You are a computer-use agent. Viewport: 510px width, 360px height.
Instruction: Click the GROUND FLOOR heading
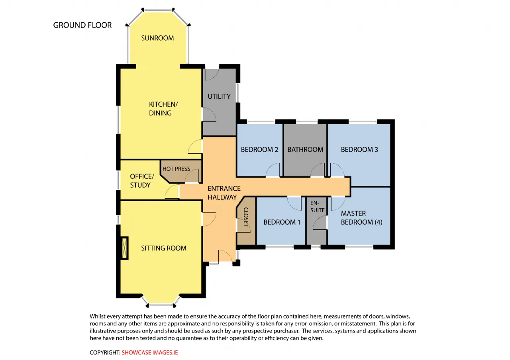coord(82,25)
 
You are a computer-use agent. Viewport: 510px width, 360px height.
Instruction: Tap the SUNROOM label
coord(157,38)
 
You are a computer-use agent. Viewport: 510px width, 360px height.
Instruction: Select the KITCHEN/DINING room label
coord(163,109)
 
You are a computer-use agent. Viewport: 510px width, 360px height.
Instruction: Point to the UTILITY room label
coord(219,96)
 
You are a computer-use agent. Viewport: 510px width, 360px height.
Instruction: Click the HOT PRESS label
coord(176,169)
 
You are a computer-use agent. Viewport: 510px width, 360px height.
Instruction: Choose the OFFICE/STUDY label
coord(142,181)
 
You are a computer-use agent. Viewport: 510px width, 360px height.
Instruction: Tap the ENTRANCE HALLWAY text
coord(224,193)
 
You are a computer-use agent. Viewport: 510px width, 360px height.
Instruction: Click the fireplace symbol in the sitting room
coord(124,248)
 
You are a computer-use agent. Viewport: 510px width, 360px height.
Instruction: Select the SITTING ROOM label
coord(164,248)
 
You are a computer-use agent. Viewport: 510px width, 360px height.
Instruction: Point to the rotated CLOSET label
coord(246,217)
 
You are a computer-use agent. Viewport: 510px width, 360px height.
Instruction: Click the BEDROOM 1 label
coord(282,222)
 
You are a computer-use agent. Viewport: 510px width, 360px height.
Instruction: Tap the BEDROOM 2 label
coord(259,149)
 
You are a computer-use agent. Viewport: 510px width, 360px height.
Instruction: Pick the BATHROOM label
coord(305,149)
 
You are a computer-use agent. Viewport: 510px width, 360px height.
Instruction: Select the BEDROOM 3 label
coord(359,149)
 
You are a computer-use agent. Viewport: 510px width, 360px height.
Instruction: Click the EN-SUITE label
coord(318,207)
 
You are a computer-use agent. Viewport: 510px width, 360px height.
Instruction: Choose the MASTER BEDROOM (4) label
coord(361,218)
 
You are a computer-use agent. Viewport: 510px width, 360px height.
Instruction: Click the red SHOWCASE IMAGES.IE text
coord(149,352)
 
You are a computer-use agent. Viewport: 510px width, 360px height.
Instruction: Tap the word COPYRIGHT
coord(105,352)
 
